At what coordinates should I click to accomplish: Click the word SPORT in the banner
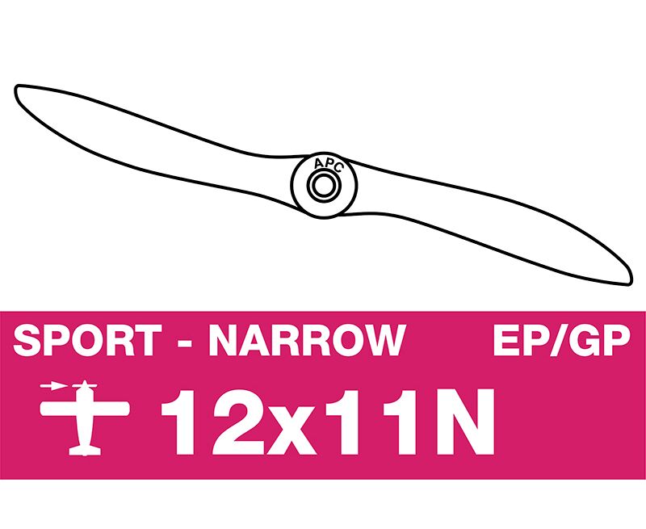(x=88, y=340)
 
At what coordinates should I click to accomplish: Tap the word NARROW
(x=308, y=340)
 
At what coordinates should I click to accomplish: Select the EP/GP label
(x=561, y=340)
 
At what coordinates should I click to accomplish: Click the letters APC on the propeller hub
(x=328, y=165)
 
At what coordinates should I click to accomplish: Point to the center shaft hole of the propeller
(x=324, y=186)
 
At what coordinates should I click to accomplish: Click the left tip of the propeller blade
(x=16, y=89)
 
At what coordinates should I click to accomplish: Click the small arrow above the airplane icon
(x=53, y=386)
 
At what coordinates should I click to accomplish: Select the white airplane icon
(x=85, y=418)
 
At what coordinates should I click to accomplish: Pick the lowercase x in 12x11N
(x=292, y=430)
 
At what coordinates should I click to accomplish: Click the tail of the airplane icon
(x=85, y=451)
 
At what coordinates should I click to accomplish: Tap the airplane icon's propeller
(x=85, y=386)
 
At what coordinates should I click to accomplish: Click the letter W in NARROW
(x=383, y=340)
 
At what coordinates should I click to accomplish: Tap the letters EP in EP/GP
(x=521, y=340)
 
